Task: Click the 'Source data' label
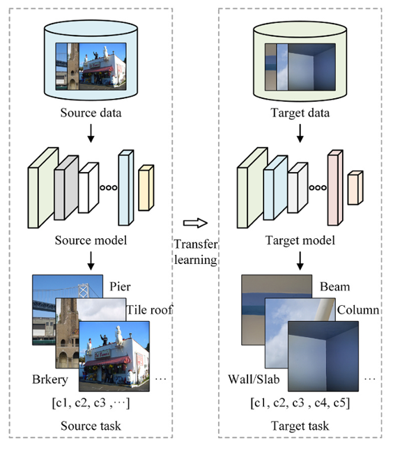click(x=91, y=113)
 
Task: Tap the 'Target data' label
click(x=300, y=113)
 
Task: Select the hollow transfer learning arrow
click(x=195, y=223)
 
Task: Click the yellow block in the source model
click(x=146, y=188)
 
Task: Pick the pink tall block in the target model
click(x=335, y=187)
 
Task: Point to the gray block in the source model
click(x=66, y=187)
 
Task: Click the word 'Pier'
click(x=120, y=287)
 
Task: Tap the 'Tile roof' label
click(x=149, y=310)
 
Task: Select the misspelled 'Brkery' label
click(x=50, y=380)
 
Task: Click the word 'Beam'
click(x=334, y=287)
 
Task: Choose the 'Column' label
click(x=358, y=310)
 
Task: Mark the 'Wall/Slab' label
click(x=254, y=380)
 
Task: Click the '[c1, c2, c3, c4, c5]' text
click(x=300, y=403)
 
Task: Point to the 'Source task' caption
click(x=91, y=426)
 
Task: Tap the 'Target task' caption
click(x=300, y=426)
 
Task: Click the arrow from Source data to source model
click(x=91, y=133)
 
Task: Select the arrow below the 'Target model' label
click(x=300, y=261)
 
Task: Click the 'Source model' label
click(x=91, y=240)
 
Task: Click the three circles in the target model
click(x=318, y=187)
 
